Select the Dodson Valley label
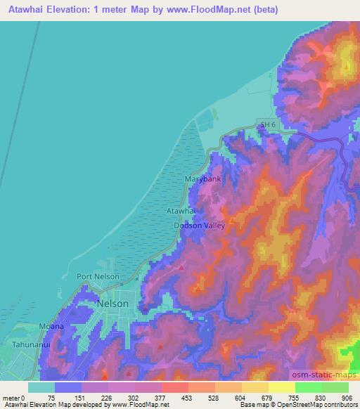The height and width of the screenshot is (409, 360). [x=200, y=226]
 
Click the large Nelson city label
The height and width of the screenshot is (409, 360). [x=112, y=303]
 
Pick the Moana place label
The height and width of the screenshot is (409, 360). [x=51, y=326]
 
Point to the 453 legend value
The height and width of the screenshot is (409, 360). [x=187, y=398]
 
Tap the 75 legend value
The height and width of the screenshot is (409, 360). [x=51, y=398]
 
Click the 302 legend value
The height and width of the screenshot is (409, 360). [x=133, y=398]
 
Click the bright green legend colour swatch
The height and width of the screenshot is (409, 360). [x=309, y=387]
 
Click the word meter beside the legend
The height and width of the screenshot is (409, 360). [x=11, y=398]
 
